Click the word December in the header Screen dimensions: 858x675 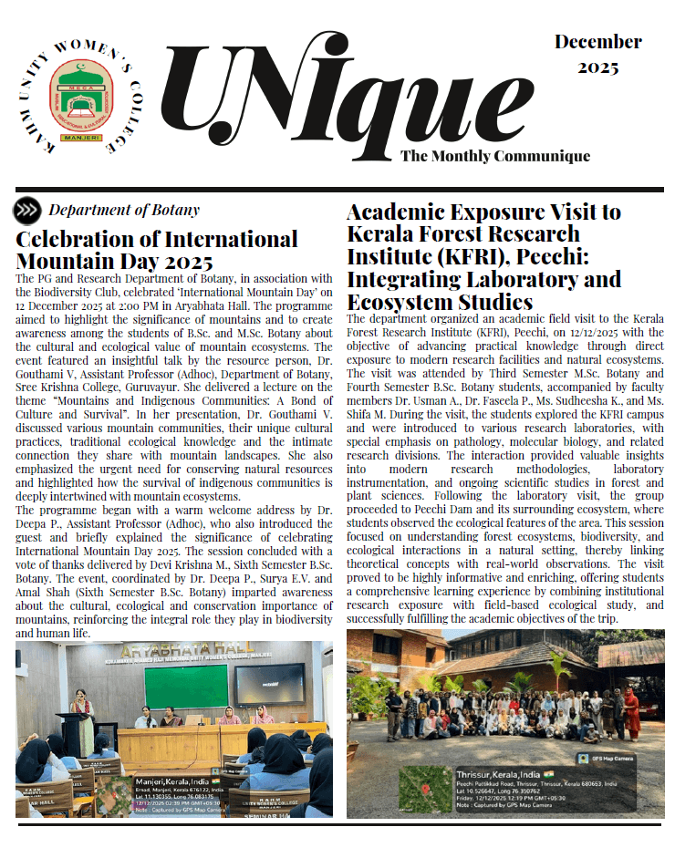[597, 43]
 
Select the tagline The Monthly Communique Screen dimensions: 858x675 [494, 156]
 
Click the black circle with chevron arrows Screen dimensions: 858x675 [26, 211]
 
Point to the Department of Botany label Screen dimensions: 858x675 [124, 211]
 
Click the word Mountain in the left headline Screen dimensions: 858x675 [57, 262]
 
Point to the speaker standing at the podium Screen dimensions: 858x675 [83, 710]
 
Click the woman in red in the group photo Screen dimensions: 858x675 [631, 714]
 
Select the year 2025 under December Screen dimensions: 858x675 [597, 67]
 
